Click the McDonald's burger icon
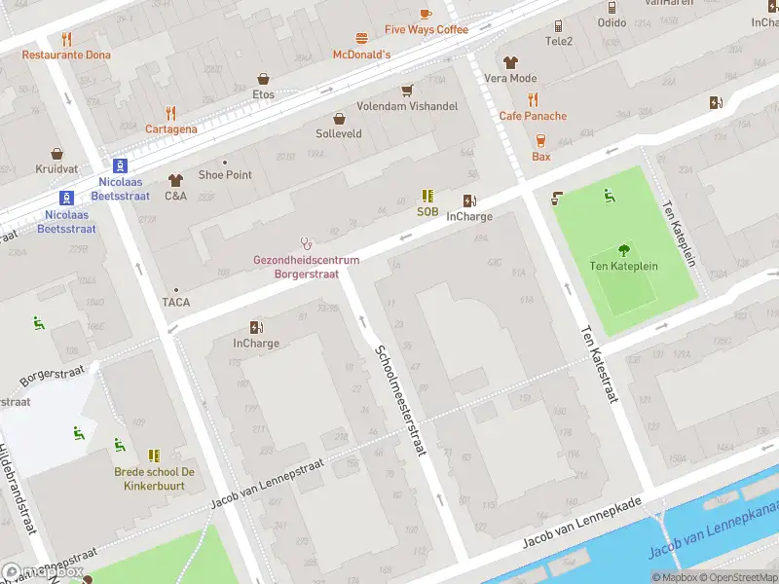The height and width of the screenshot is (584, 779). pos(362,39)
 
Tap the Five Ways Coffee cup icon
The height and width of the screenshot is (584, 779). pos(426,14)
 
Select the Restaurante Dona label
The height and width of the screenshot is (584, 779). pos(66,55)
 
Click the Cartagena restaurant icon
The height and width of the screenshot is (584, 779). pos(171,113)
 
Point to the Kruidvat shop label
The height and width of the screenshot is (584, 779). pos(56,169)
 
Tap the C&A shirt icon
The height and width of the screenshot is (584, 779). pos(175,180)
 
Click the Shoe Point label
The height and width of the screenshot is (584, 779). pos(225,175)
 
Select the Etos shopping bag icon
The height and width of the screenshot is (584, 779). pos(263,79)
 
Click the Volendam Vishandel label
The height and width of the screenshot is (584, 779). pos(407,106)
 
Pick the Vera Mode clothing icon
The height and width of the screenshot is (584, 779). pos(510,62)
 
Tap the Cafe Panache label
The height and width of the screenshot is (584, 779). pos(533,116)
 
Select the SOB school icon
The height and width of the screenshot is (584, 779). pos(427,196)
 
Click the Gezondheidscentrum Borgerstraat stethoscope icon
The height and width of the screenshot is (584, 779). pos(306,243)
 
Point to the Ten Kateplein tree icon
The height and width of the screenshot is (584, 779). pos(624,250)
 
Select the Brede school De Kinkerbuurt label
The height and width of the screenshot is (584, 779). pos(154,478)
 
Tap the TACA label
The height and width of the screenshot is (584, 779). pos(176,302)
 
